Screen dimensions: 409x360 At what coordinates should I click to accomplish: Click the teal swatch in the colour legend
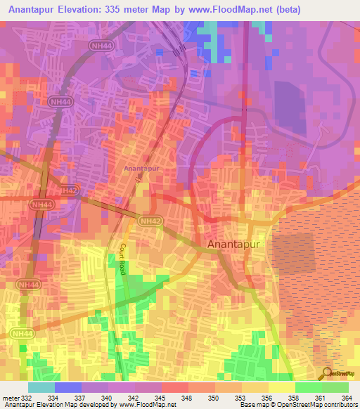click(x=41, y=387)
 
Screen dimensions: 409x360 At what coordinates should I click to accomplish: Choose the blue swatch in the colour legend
click(x=68, y=387)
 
